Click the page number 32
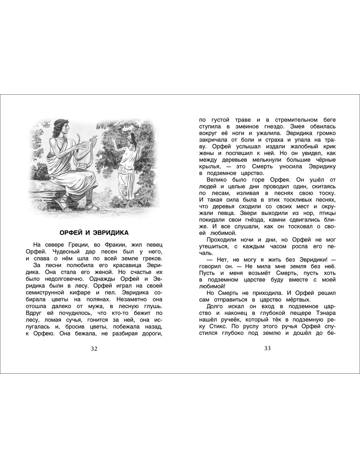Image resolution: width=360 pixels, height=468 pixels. tap(94, 348)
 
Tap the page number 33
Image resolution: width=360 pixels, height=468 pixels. tap(267, 348)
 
